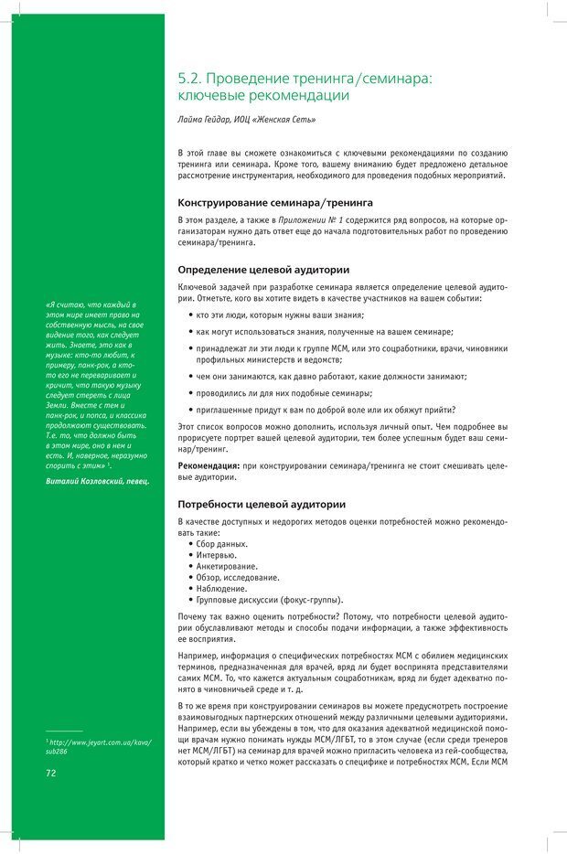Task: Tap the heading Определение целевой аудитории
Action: [x=263, y=270]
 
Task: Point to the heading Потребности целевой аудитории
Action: [x=262, y=504]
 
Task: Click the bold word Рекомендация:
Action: [x=209, y=466]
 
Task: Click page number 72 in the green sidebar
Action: [x=52, y=773]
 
